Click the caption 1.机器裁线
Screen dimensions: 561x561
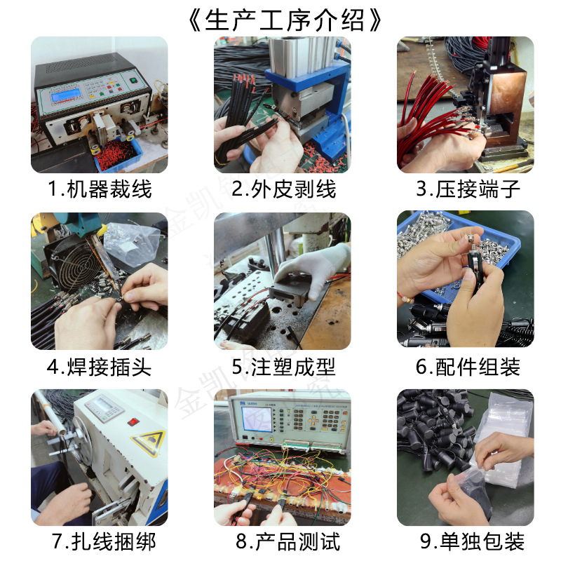pyautogui.click(x=100, y=189)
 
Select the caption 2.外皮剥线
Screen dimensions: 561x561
pyautogui.click(x=284, y=189)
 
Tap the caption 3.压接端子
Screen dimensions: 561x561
pyautogui.click(x=468, y=189)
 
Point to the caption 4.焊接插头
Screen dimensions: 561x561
pyautogui.click(x=100, y=367)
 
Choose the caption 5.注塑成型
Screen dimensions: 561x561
pyautogui.click(x=284, y=367)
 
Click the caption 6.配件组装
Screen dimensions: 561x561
pyautogui.click(x=468, y=367)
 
